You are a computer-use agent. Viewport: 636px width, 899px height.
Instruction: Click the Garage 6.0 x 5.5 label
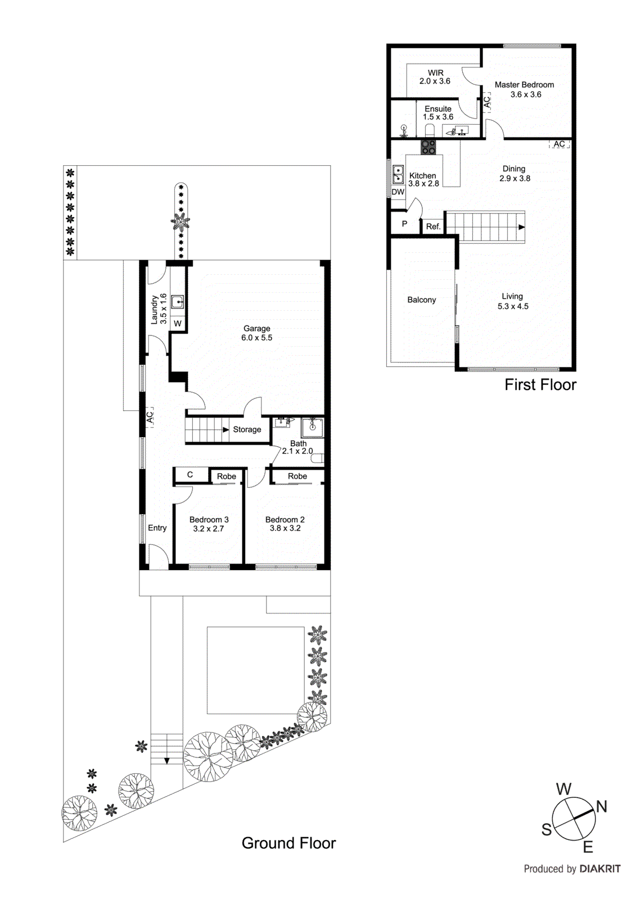(256, 333)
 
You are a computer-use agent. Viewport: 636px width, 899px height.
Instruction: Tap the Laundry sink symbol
(178, 302)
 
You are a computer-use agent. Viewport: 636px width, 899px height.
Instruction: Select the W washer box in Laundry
(178, 324)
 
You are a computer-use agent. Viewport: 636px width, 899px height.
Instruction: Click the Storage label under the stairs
(247, 429)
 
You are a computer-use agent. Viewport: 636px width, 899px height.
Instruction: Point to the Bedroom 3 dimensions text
(209, 529)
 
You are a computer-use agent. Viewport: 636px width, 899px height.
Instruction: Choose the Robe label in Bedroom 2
(297, 476)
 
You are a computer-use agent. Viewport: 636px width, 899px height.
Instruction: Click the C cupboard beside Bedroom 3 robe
(190, 475)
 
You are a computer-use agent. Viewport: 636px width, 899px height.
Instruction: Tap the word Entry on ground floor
(157, 528)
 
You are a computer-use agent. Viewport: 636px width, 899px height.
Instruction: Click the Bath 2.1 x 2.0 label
(297, 447)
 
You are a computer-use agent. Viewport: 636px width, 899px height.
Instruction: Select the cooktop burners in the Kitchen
(428, 147)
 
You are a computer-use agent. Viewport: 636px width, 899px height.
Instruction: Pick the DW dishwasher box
(398, 192)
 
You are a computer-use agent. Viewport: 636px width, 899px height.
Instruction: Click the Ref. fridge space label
(433, 226)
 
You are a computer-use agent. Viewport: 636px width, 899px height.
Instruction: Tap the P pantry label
(404, 224)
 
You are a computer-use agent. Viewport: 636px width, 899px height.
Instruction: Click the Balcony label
(421, 300)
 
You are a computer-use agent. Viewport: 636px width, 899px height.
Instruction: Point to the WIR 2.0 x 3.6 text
(435, 77)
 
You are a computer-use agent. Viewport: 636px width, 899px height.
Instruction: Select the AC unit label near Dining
(559, 144)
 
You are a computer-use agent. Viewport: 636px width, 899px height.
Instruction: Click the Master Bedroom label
(524, 85)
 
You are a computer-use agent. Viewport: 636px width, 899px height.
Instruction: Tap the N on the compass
(601, 807)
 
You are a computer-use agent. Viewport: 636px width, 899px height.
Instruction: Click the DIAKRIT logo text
(599, 869)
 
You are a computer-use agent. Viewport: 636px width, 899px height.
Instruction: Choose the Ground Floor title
(288, 843)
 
